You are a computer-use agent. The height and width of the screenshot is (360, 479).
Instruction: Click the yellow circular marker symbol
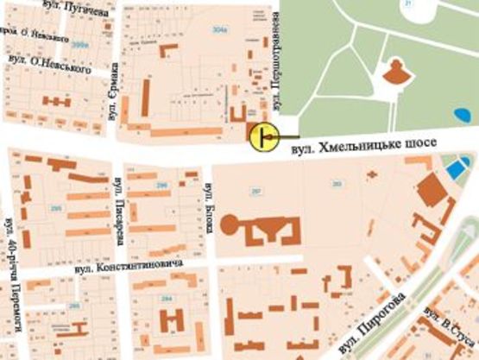coord(262,136)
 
